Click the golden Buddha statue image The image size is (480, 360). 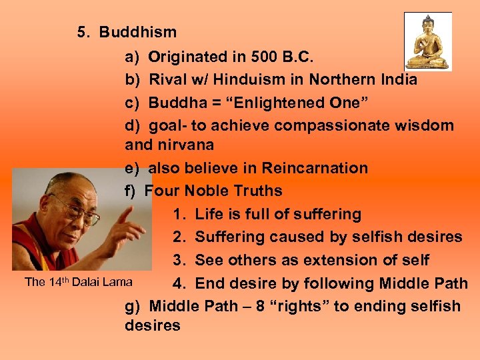(x=427, y=41)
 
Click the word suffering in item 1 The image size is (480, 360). (x=327, y=214)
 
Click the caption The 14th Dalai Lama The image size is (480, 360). (x=78, y=282)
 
